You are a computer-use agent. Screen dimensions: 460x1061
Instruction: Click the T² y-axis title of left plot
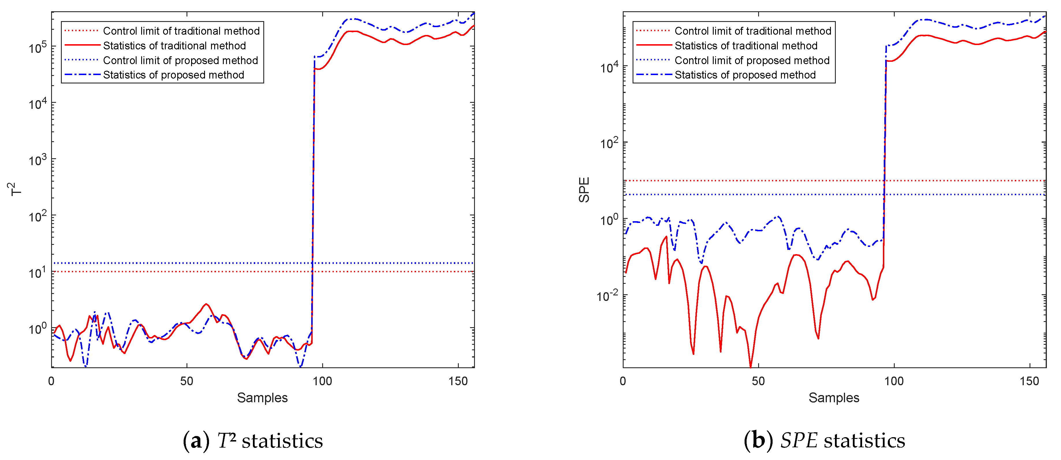click(x=15, y=189)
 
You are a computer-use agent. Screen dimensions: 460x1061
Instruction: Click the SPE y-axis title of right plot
click(x=584, y=189)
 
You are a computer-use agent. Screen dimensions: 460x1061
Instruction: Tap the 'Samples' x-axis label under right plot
click(x=834, y=398)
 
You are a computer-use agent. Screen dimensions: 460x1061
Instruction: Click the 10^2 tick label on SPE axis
click(x=609, y=143)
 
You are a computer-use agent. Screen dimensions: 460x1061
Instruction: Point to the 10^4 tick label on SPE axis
click(x=609, y=67)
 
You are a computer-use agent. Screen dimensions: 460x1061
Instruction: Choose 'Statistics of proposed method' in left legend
click(x=174, y=75)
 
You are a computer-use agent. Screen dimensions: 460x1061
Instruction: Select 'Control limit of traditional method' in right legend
click(x=752, y=31)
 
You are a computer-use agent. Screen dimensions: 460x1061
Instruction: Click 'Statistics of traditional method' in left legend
click(x=174, y=46)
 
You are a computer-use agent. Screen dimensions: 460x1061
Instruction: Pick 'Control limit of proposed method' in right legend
click(x=752, y=61)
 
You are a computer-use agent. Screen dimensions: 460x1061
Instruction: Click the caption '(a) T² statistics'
click(x=253, y=441)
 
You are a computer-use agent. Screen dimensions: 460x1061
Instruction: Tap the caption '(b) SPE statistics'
click(x=824, y=441)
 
